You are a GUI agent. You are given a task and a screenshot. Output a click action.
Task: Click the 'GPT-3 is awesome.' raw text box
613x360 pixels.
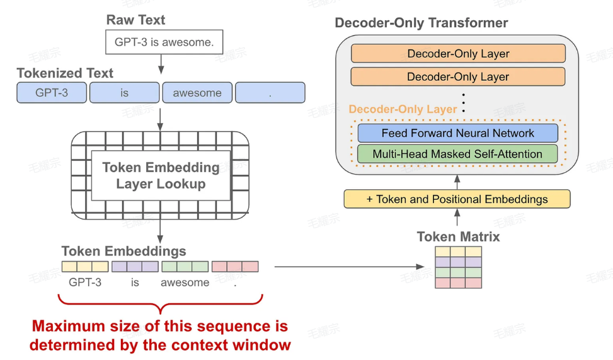(x=164, y=43)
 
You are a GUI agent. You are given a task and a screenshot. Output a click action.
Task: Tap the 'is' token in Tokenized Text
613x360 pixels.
(x=124, y=93)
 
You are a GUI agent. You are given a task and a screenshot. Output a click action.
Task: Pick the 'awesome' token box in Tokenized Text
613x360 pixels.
(x=197, y=93)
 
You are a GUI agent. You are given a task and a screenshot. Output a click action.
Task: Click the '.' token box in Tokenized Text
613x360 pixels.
(x=270, y=93)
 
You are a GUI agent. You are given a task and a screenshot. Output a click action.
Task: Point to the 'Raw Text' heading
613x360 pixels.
(x=135, y=20)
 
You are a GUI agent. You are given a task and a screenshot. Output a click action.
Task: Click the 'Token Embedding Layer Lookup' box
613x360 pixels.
(x=161, y=175)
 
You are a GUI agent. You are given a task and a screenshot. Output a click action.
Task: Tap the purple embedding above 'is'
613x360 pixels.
(x=134, y=266)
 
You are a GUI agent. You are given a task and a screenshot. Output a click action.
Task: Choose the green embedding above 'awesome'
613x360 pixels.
(x=185, y=266)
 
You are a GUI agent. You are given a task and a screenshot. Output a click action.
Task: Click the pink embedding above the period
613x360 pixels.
(x=234, y=266)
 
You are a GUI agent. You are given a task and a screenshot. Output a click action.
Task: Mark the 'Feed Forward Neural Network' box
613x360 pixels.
(x=457, y=133)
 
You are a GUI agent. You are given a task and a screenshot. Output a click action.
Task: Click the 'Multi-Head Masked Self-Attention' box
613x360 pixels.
(x=457, y=154)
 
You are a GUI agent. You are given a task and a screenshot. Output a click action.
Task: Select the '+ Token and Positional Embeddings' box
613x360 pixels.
(x=457, y=199)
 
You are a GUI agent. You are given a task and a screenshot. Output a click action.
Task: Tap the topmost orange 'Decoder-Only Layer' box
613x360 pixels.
(x=458, y=54)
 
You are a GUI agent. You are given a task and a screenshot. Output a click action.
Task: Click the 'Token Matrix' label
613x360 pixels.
(x=458, y=237)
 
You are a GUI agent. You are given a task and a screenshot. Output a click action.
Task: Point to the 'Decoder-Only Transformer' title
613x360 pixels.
(x=421, y=23)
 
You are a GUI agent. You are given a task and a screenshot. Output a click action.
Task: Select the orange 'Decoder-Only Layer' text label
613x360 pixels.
(x=403, y=110)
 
